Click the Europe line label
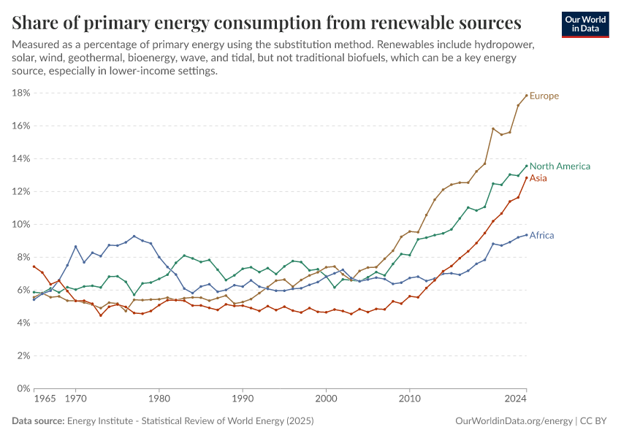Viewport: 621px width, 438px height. [544, 96]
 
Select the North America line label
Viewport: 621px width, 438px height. [560, 166]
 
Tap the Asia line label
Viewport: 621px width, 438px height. [538, 178]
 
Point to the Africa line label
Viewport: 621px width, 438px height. [541, 235]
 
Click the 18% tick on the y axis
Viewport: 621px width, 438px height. [20, 93]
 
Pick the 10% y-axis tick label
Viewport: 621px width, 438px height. [20, 224]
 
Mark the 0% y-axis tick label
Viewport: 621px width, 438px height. [23, 388]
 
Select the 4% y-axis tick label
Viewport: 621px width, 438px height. [23, 323]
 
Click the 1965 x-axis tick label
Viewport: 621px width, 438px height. [45, 400]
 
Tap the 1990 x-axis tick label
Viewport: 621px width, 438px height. [243, 400]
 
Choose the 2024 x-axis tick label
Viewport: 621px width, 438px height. [516, 400]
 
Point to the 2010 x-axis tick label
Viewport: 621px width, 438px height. [410, 400]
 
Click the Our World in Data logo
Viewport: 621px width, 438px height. [584, 24]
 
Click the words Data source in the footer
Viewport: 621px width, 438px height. [38, 421]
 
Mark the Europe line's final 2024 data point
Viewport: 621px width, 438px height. [527, 95]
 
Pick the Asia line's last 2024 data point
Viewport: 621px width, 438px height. [527, 177]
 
